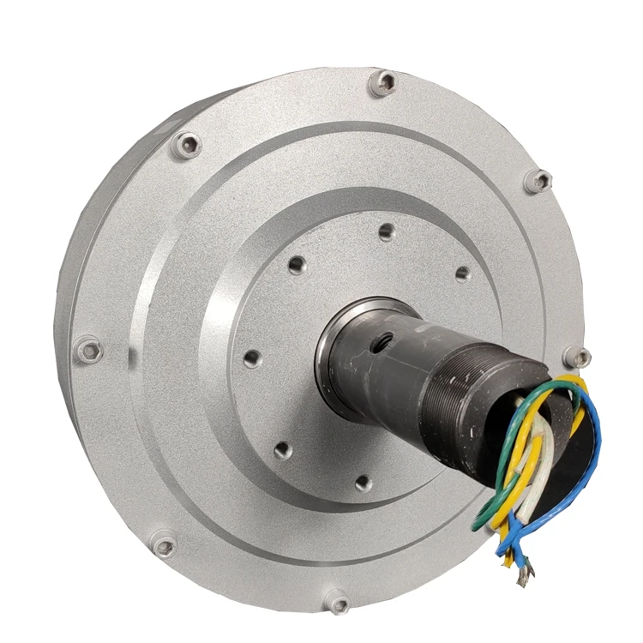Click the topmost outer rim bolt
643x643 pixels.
pos(385,83)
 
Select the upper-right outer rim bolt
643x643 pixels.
pos(539,181)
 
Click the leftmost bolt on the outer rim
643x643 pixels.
pos(87,349)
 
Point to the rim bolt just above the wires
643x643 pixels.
pos(580,358)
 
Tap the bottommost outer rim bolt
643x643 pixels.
pos(339,604)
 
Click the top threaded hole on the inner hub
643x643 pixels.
pos(387,231)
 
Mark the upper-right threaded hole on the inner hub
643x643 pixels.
pos(462,274)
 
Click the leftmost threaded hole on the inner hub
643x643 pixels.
pos(251,358)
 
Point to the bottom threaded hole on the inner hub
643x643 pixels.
pos(363,484)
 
